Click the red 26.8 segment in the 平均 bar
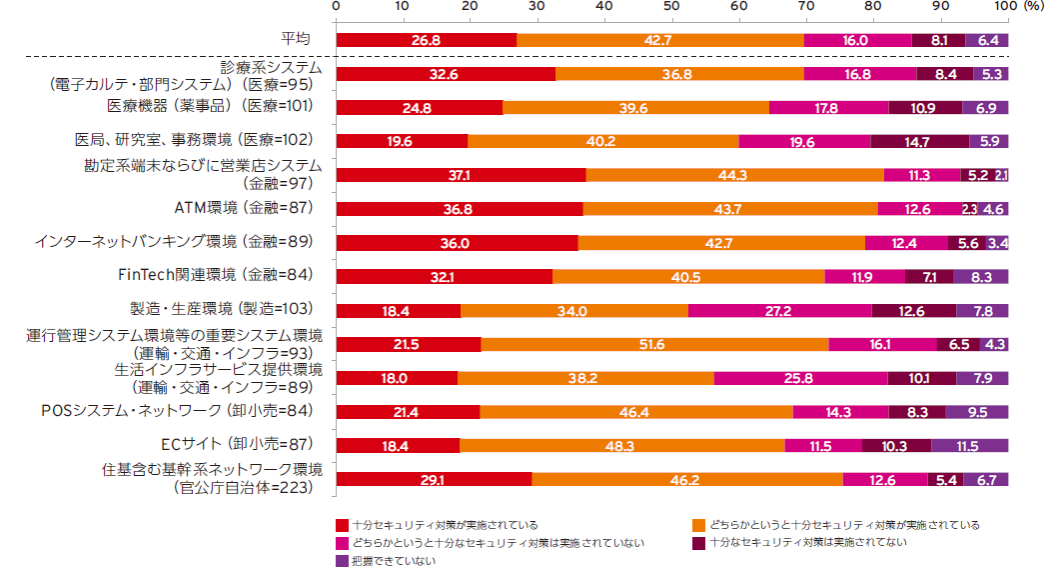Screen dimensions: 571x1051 [427, 40]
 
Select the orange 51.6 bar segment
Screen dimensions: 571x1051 [654, 344]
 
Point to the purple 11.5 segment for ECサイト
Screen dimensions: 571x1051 [969, 445]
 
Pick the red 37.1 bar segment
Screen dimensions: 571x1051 [461, 175]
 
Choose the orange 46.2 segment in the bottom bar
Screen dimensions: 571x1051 [686, 479]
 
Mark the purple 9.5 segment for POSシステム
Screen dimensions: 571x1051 [976, 411]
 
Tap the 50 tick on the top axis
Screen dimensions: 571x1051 [671, 7]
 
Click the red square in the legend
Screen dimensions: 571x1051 [343, 525]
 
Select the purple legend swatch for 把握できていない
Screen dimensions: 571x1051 [343, 561]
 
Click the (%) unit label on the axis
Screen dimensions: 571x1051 [1029, 7]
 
